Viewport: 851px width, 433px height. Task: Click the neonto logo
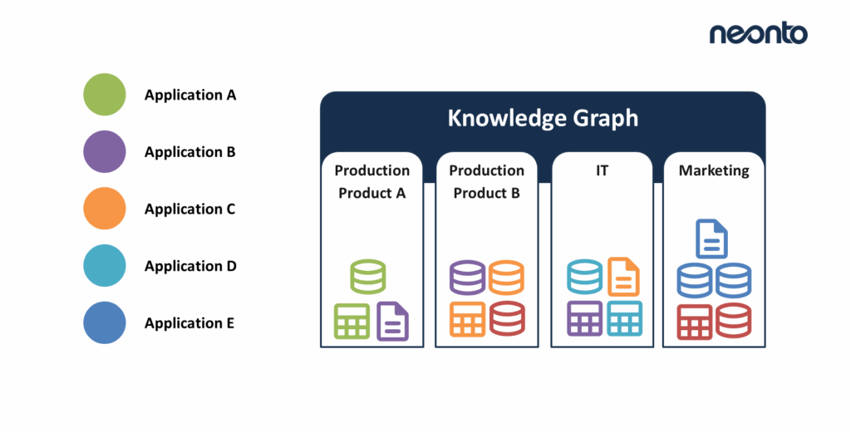tap(757, 33)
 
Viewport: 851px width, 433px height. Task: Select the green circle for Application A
tap(105, 95)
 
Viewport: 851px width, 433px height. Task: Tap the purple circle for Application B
tap(105, 151)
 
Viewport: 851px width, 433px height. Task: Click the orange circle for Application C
tap(105, 209)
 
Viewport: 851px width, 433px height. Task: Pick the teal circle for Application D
tap(105, 266)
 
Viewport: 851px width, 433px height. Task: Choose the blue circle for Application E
tap(105, 322)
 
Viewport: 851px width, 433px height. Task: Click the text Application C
tap(189, 209)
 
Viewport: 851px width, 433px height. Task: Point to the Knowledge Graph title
tap(543, 118)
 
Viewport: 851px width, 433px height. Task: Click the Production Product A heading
tap(371, 181)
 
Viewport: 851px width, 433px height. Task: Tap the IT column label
tap(602, 170)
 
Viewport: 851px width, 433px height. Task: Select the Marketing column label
tap(714, 170)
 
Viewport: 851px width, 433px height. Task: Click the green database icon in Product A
tap(367, 277)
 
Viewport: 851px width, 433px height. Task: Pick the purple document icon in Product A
tap(393, 321)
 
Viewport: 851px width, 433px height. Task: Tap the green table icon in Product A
tap(352, 321)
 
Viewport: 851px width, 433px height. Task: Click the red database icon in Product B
tap(506, 318)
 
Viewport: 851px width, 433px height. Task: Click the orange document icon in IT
tap(623, 277)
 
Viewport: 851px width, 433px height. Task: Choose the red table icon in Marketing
tap(694, 322)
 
